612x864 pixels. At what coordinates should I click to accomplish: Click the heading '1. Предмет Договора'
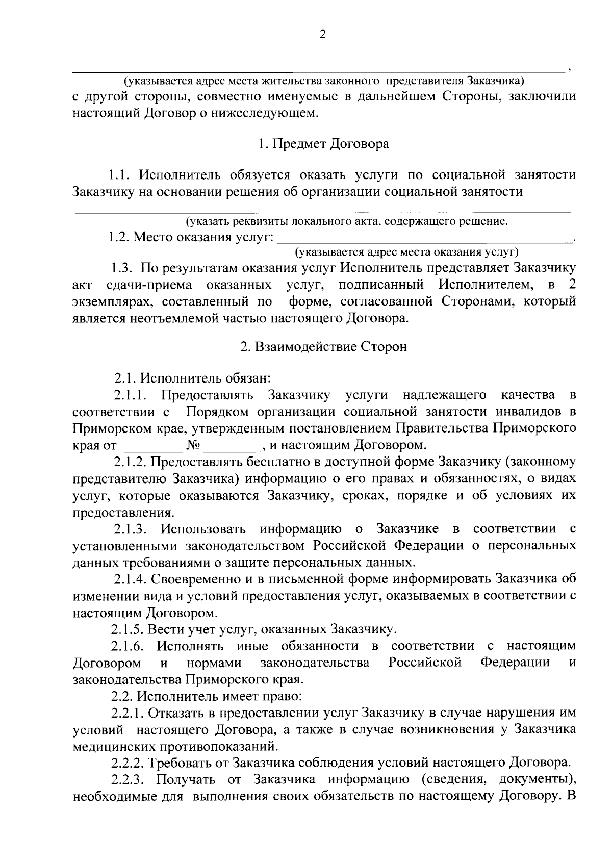pos(323,144)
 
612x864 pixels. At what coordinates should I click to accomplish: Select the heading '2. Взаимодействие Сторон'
pos(324,347)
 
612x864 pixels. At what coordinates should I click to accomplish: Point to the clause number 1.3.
pos(123,268)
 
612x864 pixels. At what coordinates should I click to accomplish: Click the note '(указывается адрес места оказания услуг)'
pos(406,252)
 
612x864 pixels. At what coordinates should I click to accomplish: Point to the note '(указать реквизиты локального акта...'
pos(347,221)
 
